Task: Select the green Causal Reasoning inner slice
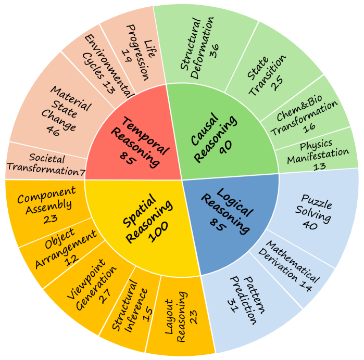tap(221, 137)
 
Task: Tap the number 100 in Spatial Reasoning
tap(158, 232)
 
